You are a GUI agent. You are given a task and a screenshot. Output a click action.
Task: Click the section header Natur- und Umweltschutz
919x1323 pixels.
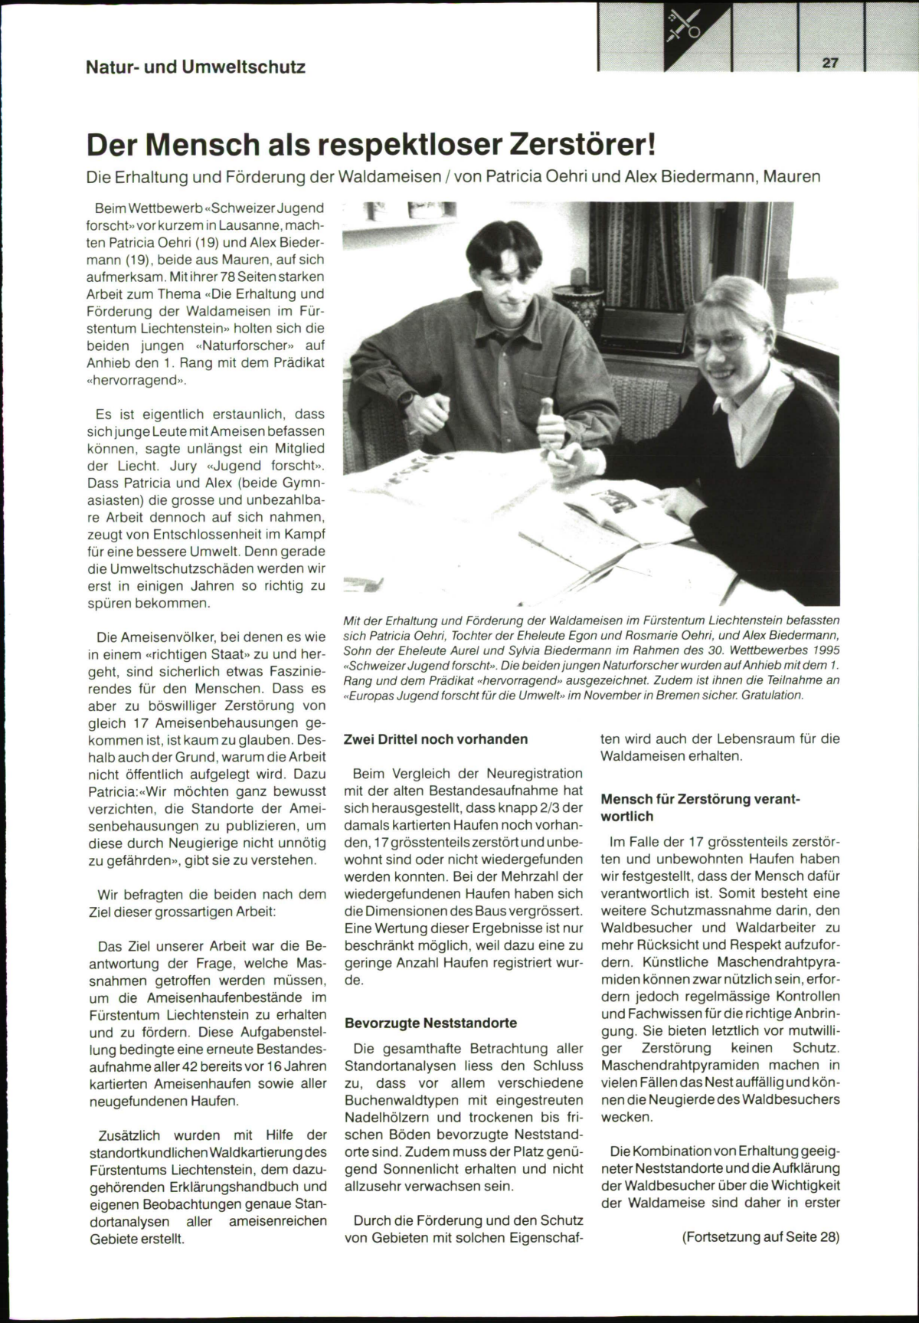(195, 67)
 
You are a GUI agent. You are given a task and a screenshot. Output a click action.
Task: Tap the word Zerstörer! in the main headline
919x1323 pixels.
(567, 143)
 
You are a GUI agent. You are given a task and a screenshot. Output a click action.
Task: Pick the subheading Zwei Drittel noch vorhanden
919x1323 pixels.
(436, 740)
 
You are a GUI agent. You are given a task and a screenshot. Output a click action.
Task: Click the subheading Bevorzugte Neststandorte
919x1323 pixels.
(430, 1023)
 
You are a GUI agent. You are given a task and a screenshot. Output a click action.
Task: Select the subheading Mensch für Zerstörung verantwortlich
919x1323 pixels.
(700, 808)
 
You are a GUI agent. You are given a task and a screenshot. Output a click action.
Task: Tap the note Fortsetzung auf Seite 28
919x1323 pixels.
(760, 1236)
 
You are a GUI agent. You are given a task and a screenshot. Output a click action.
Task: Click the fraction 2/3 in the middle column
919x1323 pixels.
(548, 808)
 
